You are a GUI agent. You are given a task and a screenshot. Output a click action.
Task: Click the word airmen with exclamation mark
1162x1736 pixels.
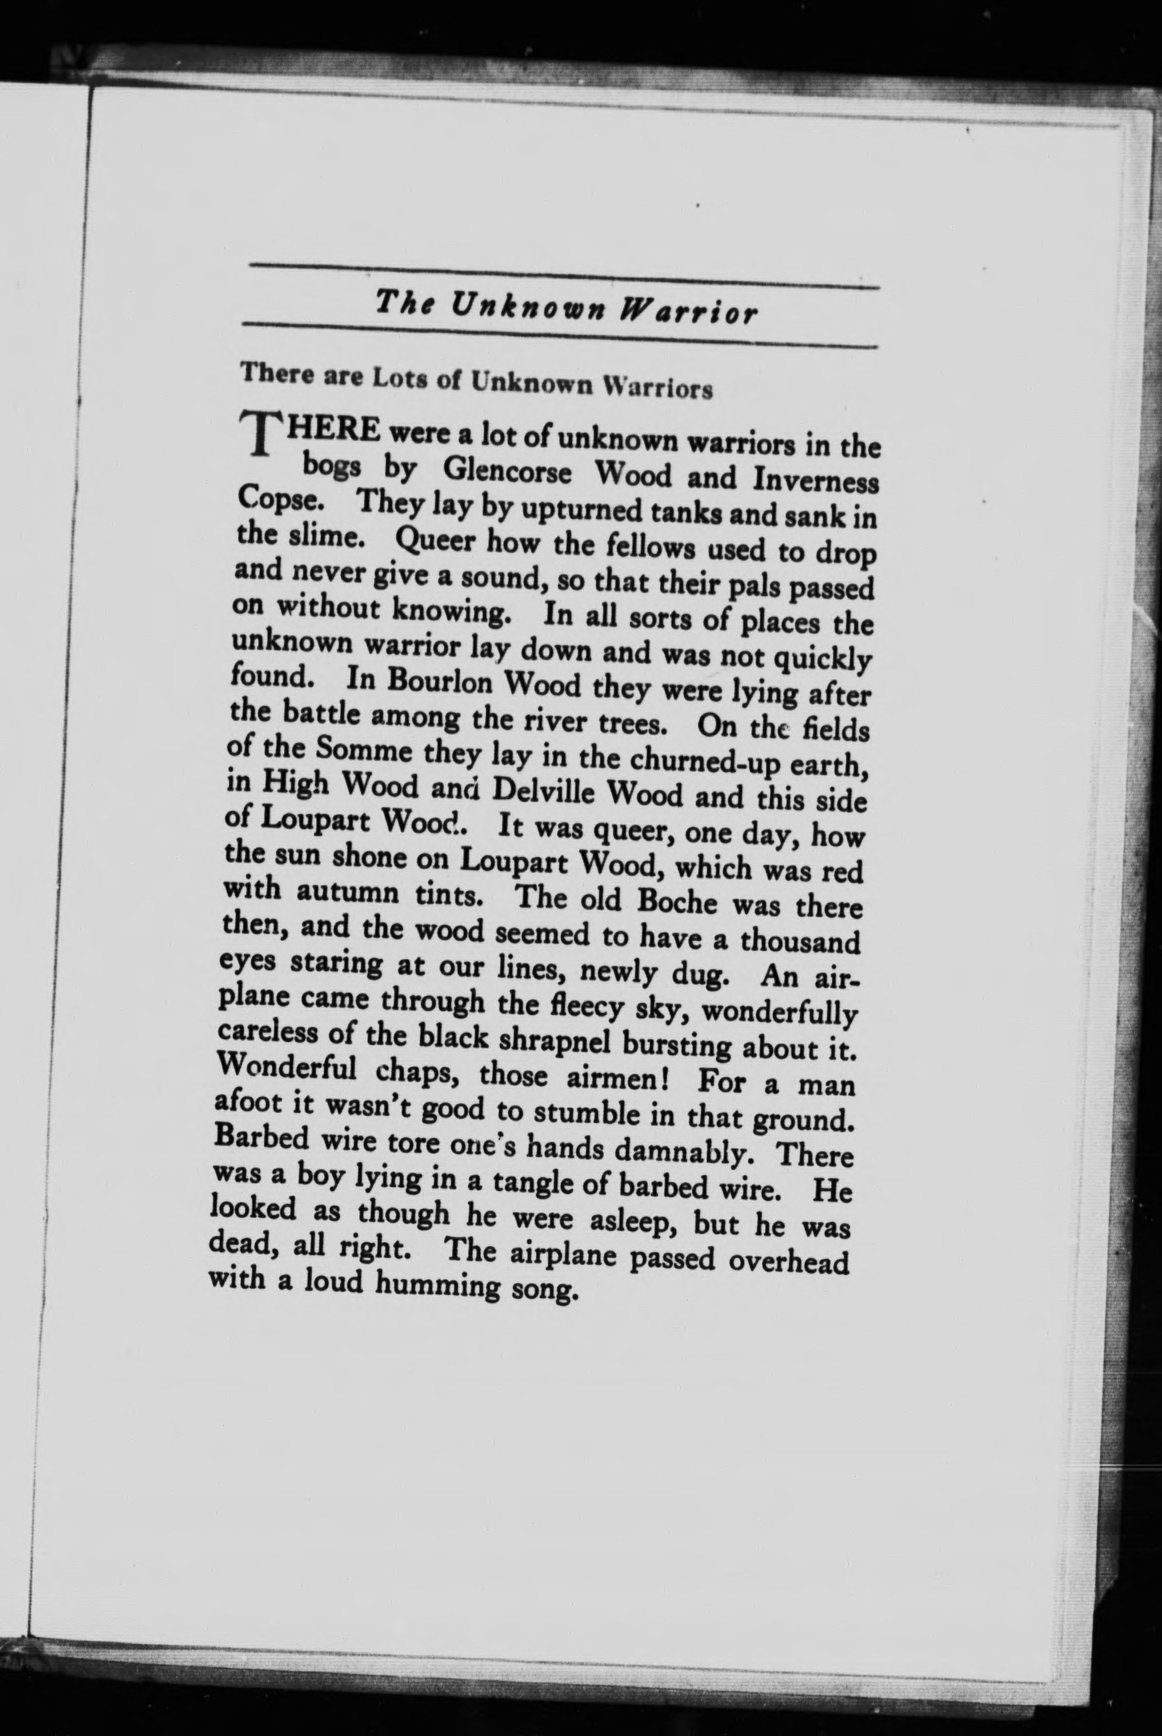click(x=610, y=1076)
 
